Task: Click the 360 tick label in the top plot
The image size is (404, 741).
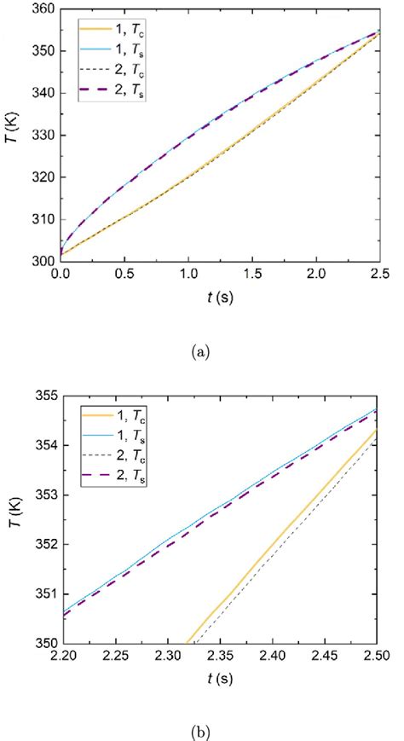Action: click(x=42, y=9)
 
